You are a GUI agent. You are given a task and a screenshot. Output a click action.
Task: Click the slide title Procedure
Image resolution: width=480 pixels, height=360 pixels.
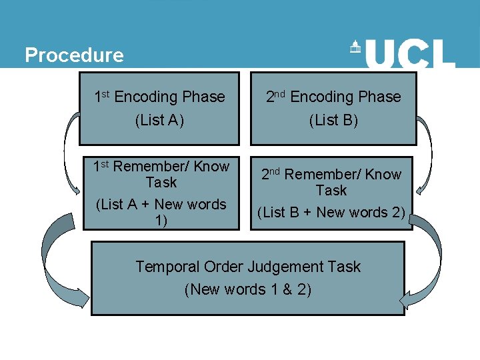(74, 55)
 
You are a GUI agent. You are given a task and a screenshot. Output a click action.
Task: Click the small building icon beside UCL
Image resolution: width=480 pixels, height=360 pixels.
(355, 47)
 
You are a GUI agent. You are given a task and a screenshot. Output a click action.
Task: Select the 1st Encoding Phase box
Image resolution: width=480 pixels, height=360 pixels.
(159, 109)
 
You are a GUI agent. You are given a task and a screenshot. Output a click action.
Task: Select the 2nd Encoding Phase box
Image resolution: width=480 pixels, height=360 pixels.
(333, 109)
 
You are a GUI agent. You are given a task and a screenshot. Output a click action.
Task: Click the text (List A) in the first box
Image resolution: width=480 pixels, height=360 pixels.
(159, 121)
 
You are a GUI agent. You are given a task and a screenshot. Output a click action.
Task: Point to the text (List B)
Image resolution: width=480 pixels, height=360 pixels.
(333, 121)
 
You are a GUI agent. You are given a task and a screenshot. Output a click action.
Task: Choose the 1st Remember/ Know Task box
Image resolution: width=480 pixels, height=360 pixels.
(160, 193)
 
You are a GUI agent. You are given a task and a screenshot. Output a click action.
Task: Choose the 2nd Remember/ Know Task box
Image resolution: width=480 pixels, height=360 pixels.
(331, 193)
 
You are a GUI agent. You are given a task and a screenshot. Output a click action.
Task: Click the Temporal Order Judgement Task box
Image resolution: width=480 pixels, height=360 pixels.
(247, 277)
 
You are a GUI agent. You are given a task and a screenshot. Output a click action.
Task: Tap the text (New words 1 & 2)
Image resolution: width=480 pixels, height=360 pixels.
(247, 290)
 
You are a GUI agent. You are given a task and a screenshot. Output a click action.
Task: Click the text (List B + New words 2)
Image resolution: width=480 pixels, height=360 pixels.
(331, 213)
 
